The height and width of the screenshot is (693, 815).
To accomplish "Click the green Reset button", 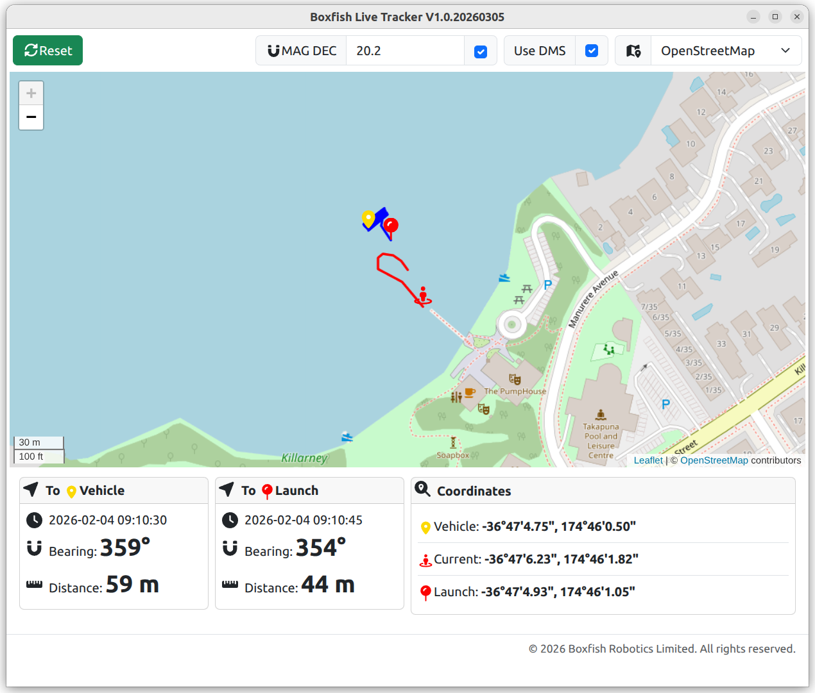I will click(x=47, y=51).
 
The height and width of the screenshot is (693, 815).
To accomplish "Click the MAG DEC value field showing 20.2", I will click(x=404, y=51).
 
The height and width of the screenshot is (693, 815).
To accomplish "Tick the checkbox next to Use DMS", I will click(x=592, y=51).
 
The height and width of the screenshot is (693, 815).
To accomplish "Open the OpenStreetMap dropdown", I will click(x=725, y=51).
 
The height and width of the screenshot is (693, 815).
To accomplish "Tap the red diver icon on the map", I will click(x=423, y=296).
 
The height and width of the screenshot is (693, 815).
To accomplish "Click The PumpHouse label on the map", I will click(x=515, y=391).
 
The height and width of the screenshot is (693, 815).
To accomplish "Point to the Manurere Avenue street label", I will click(x=593, y=299).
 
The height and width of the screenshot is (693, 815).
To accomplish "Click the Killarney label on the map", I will click(x=304, y=458).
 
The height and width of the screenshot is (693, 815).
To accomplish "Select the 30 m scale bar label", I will click(x=30, y=442).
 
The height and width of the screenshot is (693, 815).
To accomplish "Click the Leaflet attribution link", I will click(x=648, y=460).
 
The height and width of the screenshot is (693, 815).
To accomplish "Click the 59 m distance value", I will click(x=132, y=585).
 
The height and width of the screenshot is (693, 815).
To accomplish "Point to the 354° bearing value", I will click(x=320, y=548).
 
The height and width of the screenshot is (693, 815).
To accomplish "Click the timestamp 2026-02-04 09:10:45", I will click(x=303, y=520).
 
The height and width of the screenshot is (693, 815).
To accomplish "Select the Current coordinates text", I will click(x=536, y=559).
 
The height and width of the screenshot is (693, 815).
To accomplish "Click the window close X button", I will click(x=797, y=17).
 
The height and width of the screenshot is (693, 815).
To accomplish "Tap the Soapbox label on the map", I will click(x=453, y=455).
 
